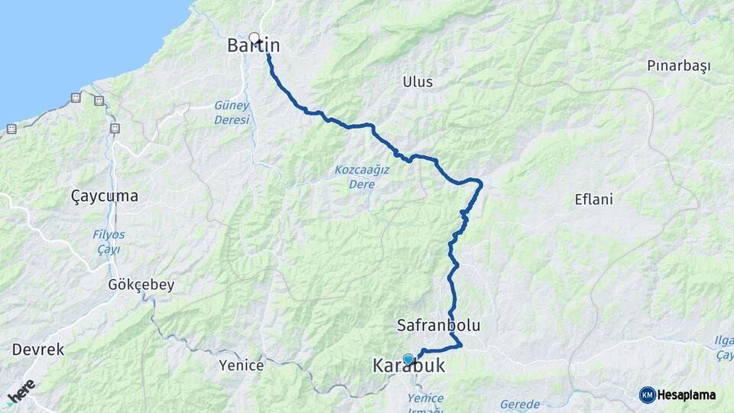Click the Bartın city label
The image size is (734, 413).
(x=254, y=46)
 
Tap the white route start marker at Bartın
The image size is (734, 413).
(x=255, y=37)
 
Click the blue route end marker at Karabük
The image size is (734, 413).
(x=408, y=358)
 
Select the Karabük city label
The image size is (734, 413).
(x=408, y=368)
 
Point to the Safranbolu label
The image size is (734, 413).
(x=439, y=325)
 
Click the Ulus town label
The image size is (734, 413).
(x=417, y=82)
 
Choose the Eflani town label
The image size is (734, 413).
(x=594, y=200)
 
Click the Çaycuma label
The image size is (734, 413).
(x=105, y=197)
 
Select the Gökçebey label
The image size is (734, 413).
(x=141, y=285)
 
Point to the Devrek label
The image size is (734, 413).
(x=38, y=350)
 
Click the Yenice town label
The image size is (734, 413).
(x=241, y=366)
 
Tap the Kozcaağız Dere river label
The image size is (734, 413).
(x=362, y=175)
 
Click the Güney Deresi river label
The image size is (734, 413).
(x=232, y=114)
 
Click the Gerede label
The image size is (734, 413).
(x=520, y=404)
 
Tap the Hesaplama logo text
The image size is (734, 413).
(x=686, y=395)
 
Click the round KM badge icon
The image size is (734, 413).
(x=647, y=395)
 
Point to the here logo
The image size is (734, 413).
(x=21, y=392)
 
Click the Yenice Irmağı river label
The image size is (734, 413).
(x=425, y=404)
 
